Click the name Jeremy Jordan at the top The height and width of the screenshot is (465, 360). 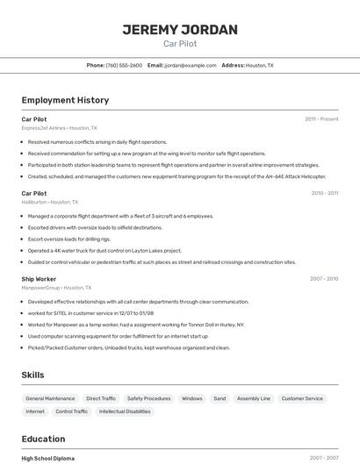[x=180, y=30]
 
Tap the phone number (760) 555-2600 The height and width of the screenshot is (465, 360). [x=124, y=65]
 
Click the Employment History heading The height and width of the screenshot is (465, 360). [x=65, y=100]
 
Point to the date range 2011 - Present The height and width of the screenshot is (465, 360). [x=321, y=119]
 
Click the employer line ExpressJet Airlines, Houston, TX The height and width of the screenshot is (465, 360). [x=59, y=127]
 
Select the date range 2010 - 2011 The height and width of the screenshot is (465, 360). [x=324, y=193]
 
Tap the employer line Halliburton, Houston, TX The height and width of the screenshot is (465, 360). [x=55, y=202]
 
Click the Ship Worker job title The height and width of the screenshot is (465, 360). [x=39, y=279]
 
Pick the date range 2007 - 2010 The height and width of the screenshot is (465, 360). [x=324, y=279]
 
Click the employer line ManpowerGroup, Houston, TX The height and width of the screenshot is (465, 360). [x=56, y=288]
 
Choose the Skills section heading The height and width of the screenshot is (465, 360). [x=32, y=375]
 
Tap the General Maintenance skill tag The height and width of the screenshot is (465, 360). [x=50, y=398]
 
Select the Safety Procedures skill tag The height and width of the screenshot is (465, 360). [x=148, y=398]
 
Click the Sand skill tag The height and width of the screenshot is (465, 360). [x=220, y=398]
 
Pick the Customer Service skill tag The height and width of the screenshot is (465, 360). [x=302, y=398]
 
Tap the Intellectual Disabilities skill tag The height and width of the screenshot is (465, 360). [x=125, y=411]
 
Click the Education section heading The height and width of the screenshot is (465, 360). [x=43, y=439]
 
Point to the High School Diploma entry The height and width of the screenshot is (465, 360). [x=48, y=458]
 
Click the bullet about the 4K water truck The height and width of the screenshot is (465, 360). [x=104, y=250]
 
